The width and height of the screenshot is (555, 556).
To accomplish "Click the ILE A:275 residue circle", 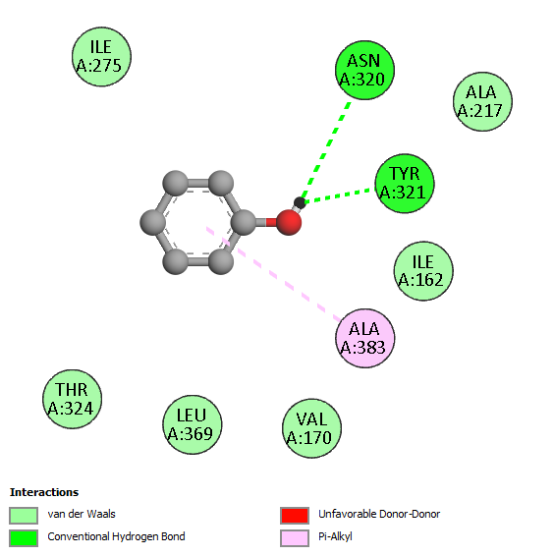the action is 101,57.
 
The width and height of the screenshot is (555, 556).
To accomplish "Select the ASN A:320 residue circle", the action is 364,70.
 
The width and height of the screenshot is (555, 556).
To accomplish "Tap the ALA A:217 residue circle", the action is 482,102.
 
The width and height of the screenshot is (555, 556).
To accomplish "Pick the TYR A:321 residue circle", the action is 405,184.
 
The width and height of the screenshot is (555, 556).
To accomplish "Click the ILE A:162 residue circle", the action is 423,271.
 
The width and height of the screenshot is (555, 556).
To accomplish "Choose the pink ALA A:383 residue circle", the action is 365,338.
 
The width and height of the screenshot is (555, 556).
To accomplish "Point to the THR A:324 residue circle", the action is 73,399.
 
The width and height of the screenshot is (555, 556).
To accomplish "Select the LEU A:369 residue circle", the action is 193,424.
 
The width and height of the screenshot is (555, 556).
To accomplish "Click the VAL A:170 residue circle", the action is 311,428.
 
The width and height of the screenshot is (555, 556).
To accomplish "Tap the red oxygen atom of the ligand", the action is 289,222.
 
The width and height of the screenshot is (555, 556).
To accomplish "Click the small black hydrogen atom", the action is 300,202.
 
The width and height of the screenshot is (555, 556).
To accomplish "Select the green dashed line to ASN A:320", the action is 325,151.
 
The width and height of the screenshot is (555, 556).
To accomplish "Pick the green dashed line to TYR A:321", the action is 339,196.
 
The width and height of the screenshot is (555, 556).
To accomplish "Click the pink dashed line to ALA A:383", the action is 274,274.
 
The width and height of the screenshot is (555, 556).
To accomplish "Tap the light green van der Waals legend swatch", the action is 24,515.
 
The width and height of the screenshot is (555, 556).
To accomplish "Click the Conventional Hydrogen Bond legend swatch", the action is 24,538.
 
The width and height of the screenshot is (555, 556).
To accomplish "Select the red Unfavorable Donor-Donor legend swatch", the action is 295,515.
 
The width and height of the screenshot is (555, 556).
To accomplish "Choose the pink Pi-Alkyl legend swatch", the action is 295,538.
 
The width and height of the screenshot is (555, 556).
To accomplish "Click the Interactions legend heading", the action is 44,492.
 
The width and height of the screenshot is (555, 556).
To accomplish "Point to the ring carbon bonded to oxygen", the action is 244,222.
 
